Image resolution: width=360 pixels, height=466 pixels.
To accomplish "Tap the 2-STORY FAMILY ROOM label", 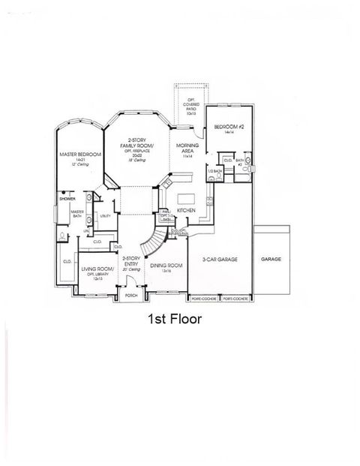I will tap(140, 143).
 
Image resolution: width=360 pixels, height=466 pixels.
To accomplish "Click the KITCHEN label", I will tap(186, 211).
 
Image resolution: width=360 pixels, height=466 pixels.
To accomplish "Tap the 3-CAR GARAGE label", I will tap(220, 259).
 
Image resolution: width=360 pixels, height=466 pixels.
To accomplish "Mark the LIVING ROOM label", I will tap(97, 268).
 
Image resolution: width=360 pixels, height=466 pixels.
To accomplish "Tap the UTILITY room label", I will tap(105, 215).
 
